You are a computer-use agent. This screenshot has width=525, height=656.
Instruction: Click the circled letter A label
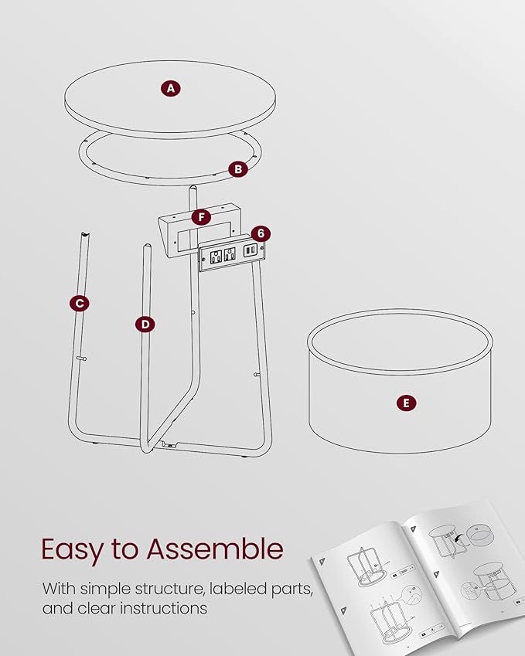(x=171, y=89)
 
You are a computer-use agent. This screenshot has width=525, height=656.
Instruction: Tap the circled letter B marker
(x=238, y=169)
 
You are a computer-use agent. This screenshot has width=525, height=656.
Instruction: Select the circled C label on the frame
(x=80, y=304)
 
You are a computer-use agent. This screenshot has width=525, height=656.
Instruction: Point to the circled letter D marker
(x=145, y=325)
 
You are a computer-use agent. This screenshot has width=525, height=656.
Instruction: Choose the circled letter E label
(x=406, y=403)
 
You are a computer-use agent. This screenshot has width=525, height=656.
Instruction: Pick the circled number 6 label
(x=261, y=233)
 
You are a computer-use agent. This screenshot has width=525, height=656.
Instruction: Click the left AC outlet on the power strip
(x=216, y=256)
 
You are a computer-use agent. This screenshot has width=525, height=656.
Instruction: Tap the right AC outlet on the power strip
(x=230, y=254)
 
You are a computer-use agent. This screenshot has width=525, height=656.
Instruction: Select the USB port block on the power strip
(x=250, y=250)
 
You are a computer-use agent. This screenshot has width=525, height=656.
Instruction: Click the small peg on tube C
(x=82, y=358)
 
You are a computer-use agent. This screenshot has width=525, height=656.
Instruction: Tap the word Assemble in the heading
(x=215, y=549)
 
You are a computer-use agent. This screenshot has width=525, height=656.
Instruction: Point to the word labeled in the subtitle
(x=237, y=589)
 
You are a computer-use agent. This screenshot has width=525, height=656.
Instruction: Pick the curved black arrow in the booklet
(x=462, y=539)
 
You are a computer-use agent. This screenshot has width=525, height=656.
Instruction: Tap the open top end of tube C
(x=85, y=235)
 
